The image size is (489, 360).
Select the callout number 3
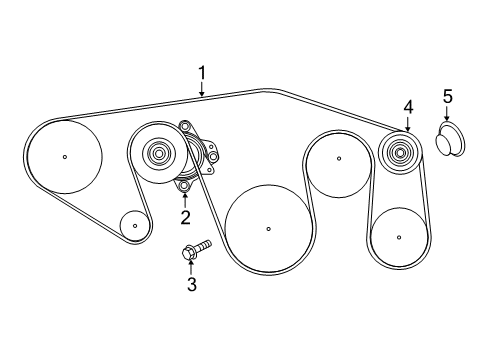coord(192,285)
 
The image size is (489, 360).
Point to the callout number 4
coord(408,106)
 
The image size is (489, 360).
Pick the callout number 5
coord(448,96)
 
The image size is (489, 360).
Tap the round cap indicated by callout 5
coord(447,138)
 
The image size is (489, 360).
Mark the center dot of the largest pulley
coord(268,229)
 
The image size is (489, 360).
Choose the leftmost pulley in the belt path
coord(65,155)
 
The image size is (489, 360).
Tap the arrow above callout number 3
coord(191,266)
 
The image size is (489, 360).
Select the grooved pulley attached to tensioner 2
coord(158,155)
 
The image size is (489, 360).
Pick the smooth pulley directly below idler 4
coord(398,237)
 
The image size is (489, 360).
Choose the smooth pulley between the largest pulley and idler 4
coord(338,158)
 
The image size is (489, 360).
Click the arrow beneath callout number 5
coord(447,115)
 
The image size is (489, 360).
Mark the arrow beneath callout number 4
coord(408,124)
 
